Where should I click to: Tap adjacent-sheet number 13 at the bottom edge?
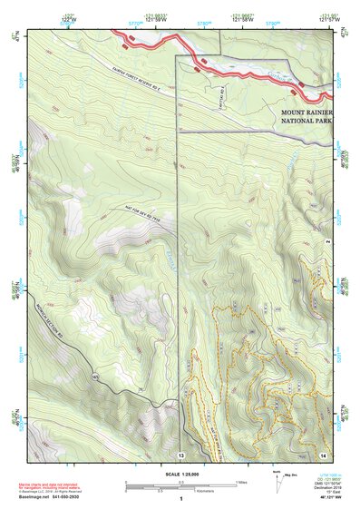(x=180, y=454)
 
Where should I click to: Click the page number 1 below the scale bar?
(x=180, y=499)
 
